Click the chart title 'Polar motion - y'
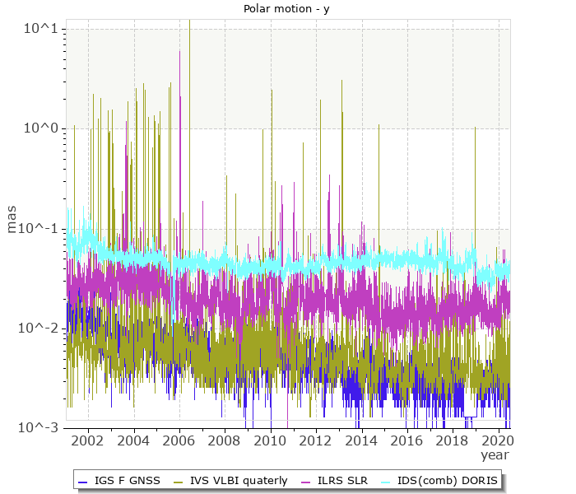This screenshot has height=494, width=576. coord(287,9)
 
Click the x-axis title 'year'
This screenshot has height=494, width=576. coord(495,454)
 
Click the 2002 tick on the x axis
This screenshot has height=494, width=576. coord(88,440)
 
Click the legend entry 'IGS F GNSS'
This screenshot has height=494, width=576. coord(127,480)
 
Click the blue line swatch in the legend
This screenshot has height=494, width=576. coord(82,480)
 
